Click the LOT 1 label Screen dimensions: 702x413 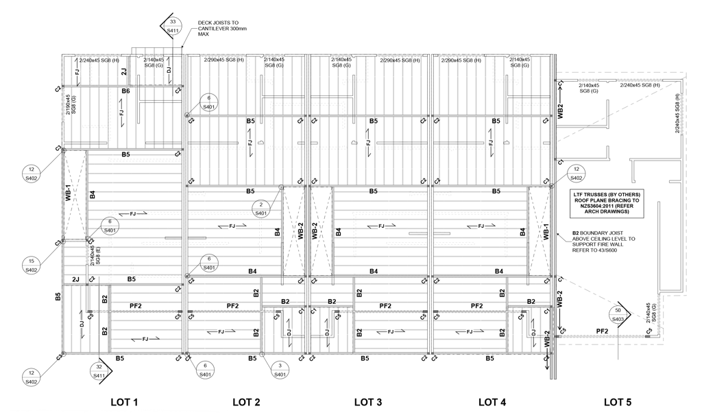tap(125, 401)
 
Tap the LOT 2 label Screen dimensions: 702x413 tap(246, 401)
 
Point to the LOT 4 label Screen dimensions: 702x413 tap(492, 401)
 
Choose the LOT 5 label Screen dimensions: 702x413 tap(617, 401)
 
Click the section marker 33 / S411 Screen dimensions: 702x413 tap(173, 24)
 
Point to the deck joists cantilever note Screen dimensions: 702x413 tap(218, 27)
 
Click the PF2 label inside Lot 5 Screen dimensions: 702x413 tap(603, 331)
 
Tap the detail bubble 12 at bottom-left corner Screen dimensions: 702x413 tap(32, 375)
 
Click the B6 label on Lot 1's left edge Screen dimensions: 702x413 tap(58, 296)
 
